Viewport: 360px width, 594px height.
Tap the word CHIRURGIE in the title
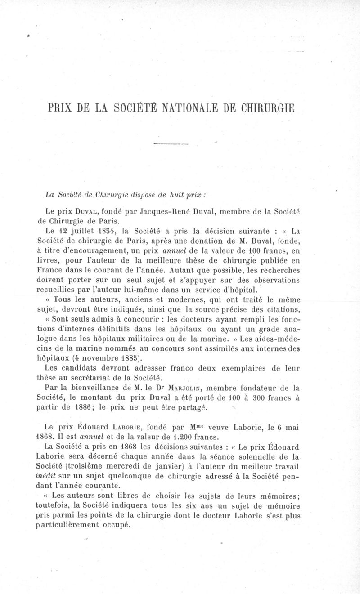(x=269, y=109)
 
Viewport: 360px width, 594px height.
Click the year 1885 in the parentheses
(x=129, y=358)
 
